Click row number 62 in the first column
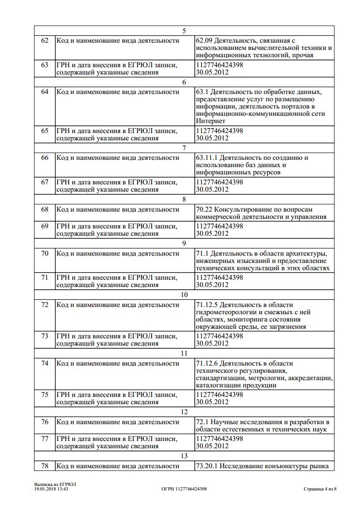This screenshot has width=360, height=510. (x=44, y=41)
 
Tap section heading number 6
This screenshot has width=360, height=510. (x=184, y=82)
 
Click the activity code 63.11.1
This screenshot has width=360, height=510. (x=207, y=158)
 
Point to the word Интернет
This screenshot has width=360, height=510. (x=211, y=121)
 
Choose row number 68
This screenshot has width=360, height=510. (x=44, y=209)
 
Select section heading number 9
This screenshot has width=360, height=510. (x=184, y=243)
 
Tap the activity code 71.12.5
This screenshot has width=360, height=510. (x=207, y=305)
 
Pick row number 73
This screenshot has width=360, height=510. (x=44, y=336)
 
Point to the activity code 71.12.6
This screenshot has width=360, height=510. (x=207, y=363)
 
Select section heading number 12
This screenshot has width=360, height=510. (x=184, y=412)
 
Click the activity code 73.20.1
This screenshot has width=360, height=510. (x=207, y=466)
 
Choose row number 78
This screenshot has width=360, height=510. (x=44, y=466)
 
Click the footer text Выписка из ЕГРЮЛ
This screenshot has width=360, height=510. (x=55, y=484)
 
